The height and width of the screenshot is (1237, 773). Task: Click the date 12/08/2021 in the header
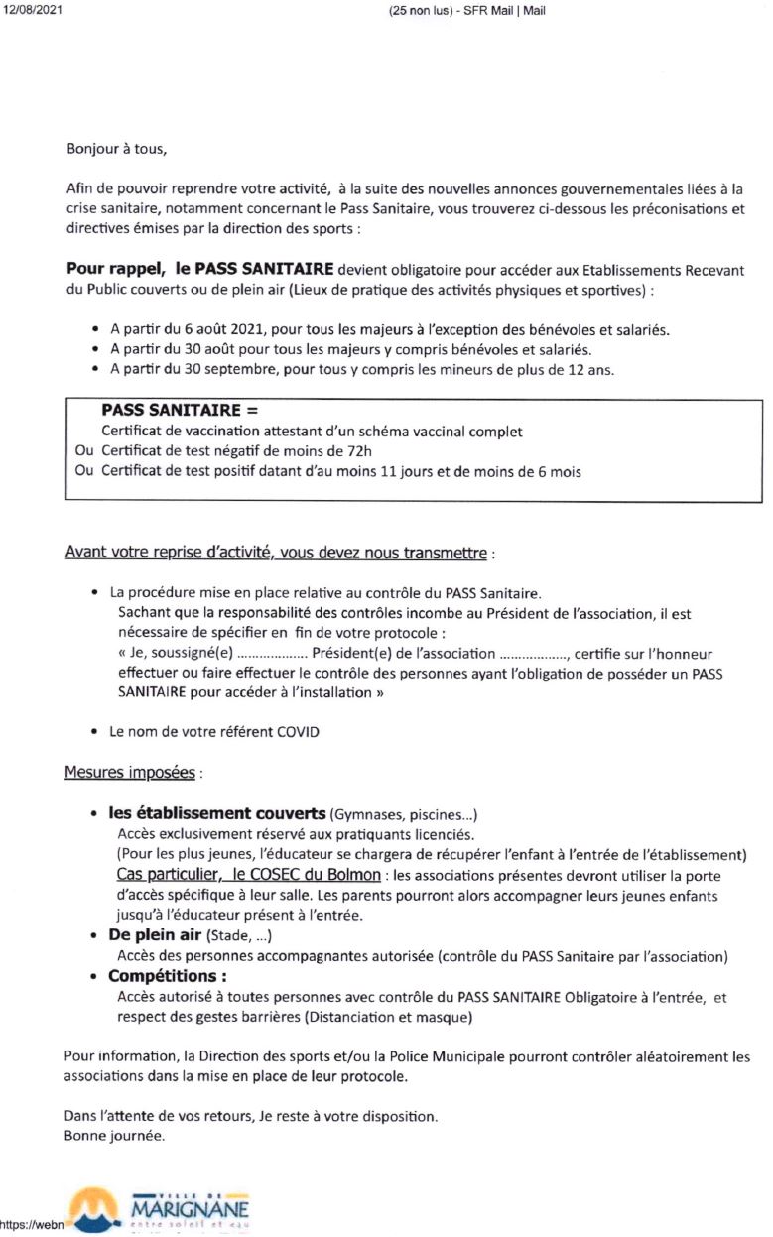27,10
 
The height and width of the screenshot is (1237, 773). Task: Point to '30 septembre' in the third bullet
242,371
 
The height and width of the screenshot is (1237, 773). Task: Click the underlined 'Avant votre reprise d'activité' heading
164,552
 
